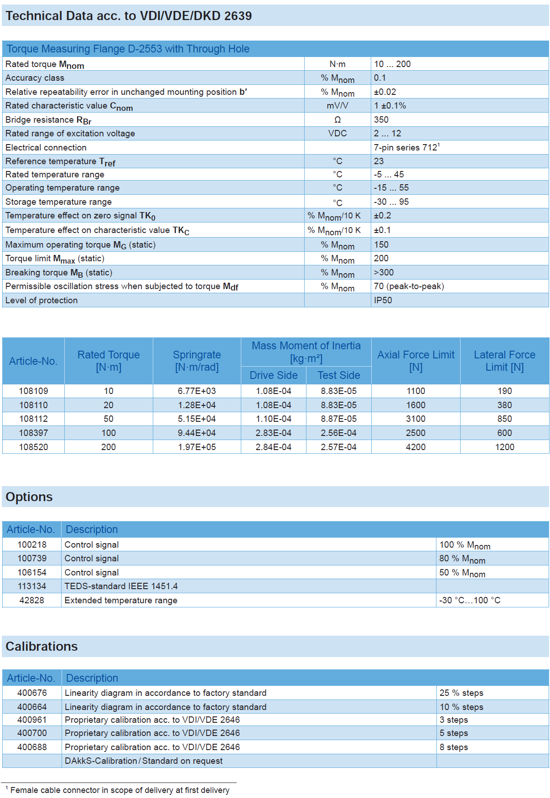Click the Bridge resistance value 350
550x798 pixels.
click(381, 119)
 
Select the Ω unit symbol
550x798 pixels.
click(337, 119)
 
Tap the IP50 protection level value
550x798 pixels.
click(383, 300)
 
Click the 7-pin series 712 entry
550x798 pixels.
click(406, 147)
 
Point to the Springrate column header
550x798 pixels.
click(197, 361)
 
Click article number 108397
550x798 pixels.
click(33, 433)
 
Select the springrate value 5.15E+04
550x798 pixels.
click(197, 419)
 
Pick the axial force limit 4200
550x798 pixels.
click(415, 447)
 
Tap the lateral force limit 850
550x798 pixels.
click(504, 419)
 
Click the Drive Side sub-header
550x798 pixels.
click(274, 375)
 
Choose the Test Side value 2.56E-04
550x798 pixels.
click(338, 433)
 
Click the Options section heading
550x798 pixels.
click(29, 497)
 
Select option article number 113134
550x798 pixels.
click(32, 586)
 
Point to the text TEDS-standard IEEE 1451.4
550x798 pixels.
click(121, 586)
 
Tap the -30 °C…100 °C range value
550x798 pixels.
click(470, 600)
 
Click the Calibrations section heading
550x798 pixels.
click(42, 646)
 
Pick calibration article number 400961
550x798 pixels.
click(32, 720)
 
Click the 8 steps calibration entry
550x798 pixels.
click(454, 747)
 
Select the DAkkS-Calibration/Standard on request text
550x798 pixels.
click(144, 761)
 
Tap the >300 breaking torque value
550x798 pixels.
click(384, 272)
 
